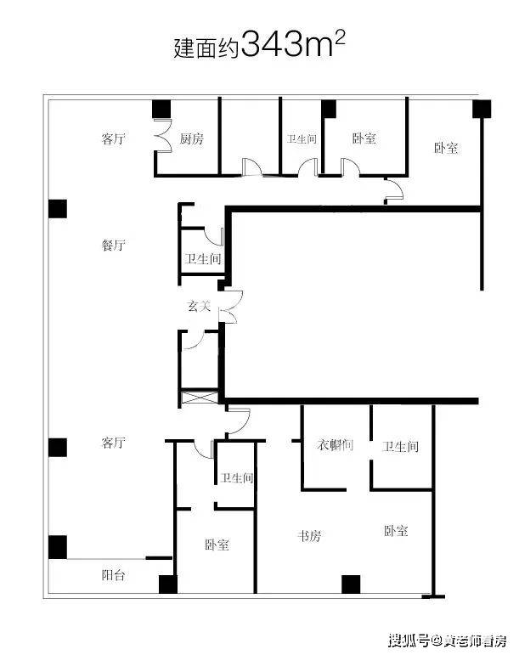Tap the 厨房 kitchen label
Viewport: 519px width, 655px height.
click(192, 138)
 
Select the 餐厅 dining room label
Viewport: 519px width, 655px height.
click(114, 245)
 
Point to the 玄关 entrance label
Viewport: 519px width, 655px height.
click(199, 307)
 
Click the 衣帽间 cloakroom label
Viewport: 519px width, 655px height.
click(335, 445)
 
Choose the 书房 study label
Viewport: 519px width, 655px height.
click(309, 535)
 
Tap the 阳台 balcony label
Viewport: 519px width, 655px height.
click(114, 575)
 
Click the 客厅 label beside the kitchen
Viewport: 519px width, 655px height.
click(114, 138)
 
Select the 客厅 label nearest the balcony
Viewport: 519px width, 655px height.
click(114, 443)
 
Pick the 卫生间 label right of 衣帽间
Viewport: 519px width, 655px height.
click(400, 447)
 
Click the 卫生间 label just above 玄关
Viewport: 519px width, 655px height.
click(203, 259)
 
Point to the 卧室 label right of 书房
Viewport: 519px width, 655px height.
click(396, 531)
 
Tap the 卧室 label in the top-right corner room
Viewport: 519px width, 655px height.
click(446, 148)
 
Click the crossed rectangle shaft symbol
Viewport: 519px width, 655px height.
click(200, 397)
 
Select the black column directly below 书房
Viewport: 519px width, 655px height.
click(351, 584)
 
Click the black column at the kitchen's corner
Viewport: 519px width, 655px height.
click(161, 110)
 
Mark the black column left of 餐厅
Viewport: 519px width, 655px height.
click(58, 209)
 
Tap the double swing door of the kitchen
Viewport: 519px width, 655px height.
click(163, 135)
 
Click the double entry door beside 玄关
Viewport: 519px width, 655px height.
click(231, 307)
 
